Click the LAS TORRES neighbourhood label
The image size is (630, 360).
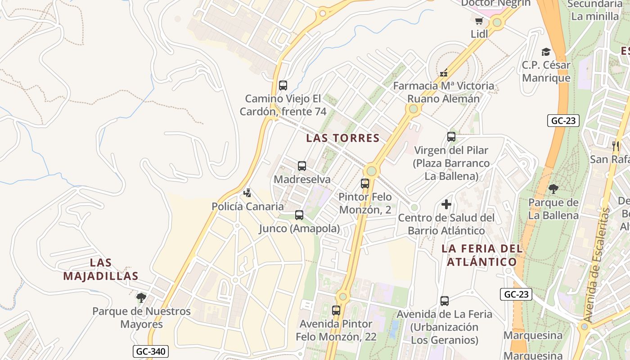[x=343, y=138]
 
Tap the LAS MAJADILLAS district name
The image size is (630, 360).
[x=100, y=269]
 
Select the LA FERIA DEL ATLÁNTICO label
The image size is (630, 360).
[x=482, y=255]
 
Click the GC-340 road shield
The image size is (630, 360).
[x=151, y=351]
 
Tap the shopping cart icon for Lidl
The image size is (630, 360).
[x=479, y=21]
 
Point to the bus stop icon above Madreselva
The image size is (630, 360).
[x=302, y=166]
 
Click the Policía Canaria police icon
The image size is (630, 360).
[x=247, y=193]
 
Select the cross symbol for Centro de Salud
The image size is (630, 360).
[x=446, y=205]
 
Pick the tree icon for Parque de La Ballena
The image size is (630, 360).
[x=553, y=189]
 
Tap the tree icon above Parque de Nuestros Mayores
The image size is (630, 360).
[x=141, y=298]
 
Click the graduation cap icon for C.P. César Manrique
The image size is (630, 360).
[x=546, y=52]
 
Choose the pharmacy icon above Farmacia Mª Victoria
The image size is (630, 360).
[x=444, y=73]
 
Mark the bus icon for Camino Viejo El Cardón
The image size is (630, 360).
[x=283, y=85]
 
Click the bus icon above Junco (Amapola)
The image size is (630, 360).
[x=299, y=215]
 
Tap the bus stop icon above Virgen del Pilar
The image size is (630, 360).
[x=451, y=137]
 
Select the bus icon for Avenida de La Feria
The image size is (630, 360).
[x=445, y=301]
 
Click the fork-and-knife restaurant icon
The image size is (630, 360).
[x=616, y=146]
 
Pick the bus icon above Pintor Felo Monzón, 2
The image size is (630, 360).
[x=365, y=184]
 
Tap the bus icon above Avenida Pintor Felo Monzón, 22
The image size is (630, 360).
[x=336, y=310]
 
